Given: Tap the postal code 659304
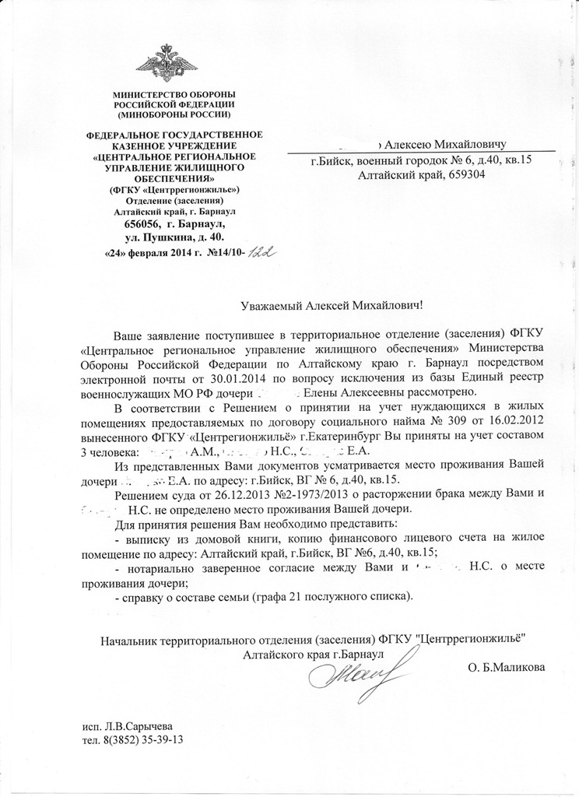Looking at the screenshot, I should tap(465, 176).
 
